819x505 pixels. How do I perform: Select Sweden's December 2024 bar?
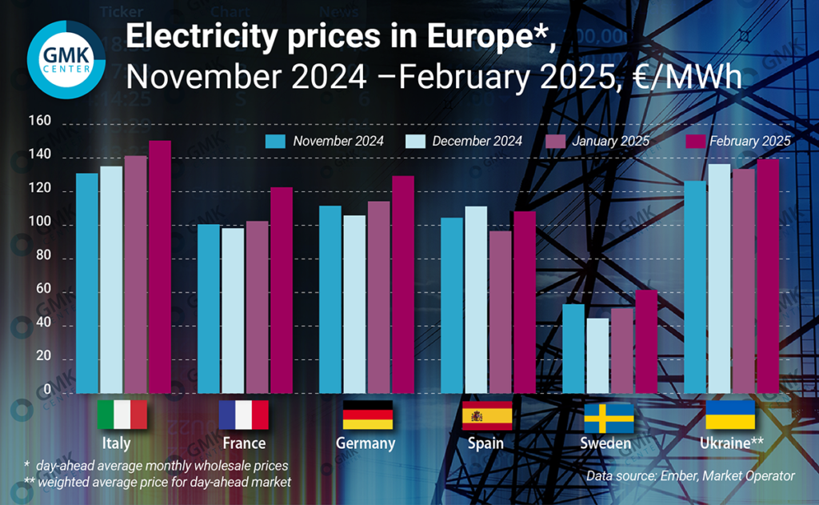pyautogui.click(x=597, y=355)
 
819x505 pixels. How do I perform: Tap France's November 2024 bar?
pyautogui.click(x=209, y=308)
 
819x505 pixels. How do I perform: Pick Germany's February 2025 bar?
pyautogui.click(x=403, y=284)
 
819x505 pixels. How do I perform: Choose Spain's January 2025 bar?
pyautogui.click(x=501, y=311)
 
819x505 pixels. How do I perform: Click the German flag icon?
pyautogui.click(x=368, y=415)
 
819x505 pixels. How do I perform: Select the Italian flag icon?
pyautogui.click(x=122, y=415)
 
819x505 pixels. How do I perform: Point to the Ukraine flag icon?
pyautogui.click(x=730, y=415)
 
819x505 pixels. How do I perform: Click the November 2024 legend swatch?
pyautogui.click(x=276, y=142)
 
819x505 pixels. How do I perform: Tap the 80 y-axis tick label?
pyautogui.click(x=42, y=258)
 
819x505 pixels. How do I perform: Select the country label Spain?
pyautogui.click(x=486, y=443)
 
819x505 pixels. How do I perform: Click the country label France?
pyautogui.click(x=244, y=443)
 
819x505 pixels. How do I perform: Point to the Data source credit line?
pyautogui.click(x=690, y=476)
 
